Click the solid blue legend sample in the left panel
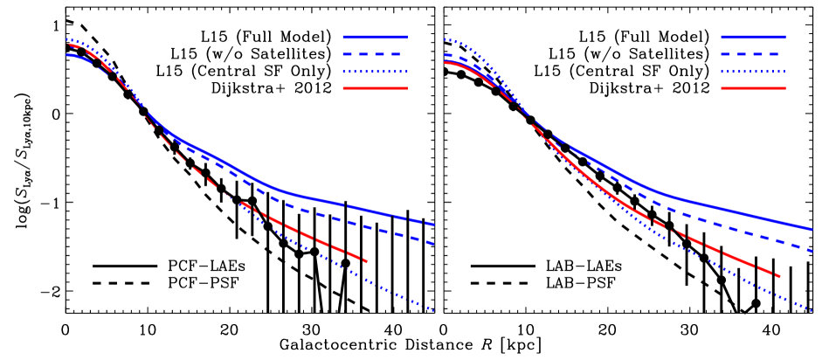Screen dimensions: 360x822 point(375,38)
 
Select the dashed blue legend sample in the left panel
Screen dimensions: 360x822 point(375,54)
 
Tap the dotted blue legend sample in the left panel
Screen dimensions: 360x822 point(375,72)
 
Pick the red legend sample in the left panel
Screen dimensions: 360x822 point(375,88)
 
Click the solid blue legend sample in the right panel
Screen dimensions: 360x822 point(753,38)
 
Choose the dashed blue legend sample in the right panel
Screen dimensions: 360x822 point(753,54)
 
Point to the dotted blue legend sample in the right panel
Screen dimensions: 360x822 point(753,72)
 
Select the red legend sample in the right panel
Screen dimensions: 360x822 point(753,88)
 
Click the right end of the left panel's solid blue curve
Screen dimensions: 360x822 point(434,225)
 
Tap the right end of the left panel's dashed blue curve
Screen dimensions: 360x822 point(434,244)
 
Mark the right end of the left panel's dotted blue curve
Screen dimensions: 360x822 point(434,310)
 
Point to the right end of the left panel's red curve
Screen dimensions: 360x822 point(367,261)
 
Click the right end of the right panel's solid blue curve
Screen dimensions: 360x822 point(812,230)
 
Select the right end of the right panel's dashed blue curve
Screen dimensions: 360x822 point(812,251)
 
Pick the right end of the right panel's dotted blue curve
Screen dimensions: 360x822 point(812,311)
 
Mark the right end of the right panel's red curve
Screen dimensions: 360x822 point(779,277)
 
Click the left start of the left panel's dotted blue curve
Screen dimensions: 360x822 point(67,39)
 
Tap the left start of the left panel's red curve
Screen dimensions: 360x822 point(69,45)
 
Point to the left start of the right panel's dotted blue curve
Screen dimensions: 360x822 point(445,39)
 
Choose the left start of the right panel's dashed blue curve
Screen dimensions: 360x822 point(445,54)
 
